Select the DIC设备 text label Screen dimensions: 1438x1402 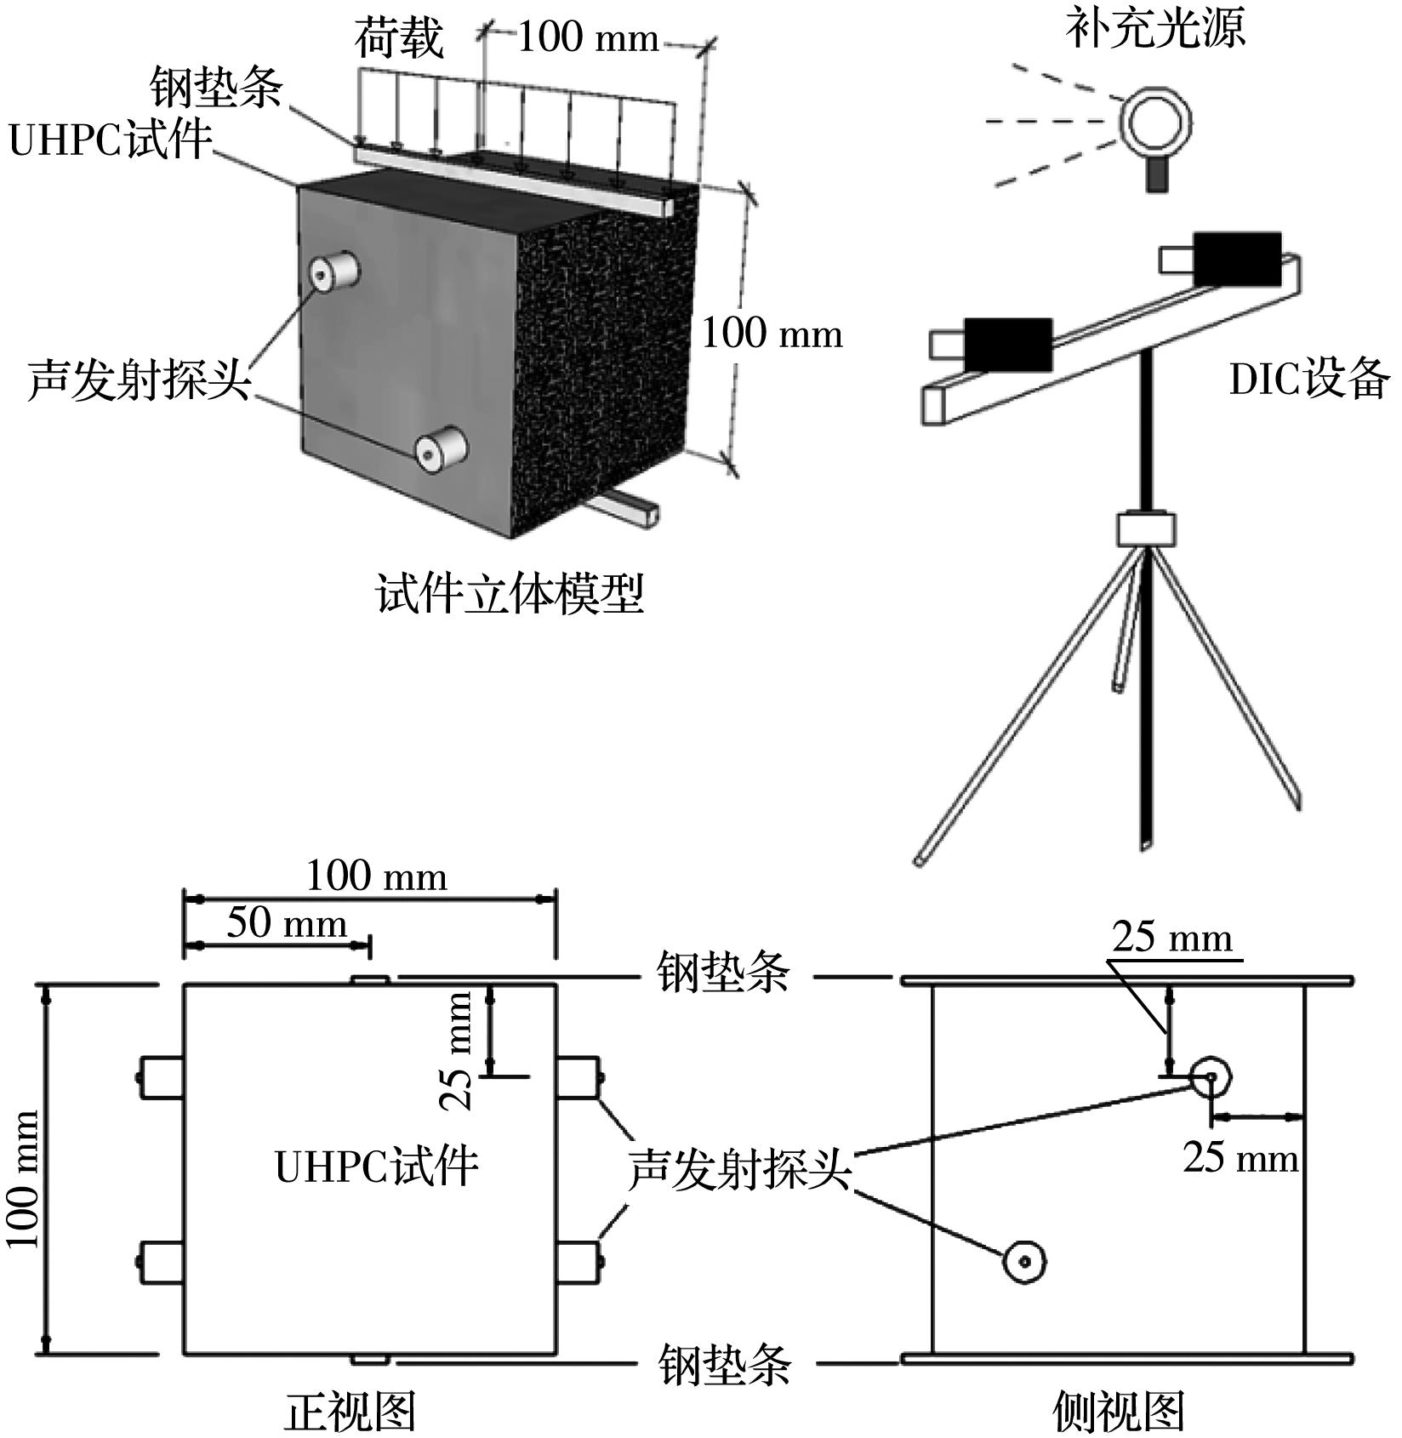[1309, 379]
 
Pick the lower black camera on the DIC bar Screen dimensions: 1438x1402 [1007, 345]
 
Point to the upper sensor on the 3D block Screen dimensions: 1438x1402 [333, 271]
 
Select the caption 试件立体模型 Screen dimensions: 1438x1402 [510, 594]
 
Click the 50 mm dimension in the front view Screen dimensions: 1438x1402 [287, 924]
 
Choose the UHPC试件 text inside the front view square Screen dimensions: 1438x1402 [376, 1167]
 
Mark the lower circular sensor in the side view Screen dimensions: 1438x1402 [1024, 1261]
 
